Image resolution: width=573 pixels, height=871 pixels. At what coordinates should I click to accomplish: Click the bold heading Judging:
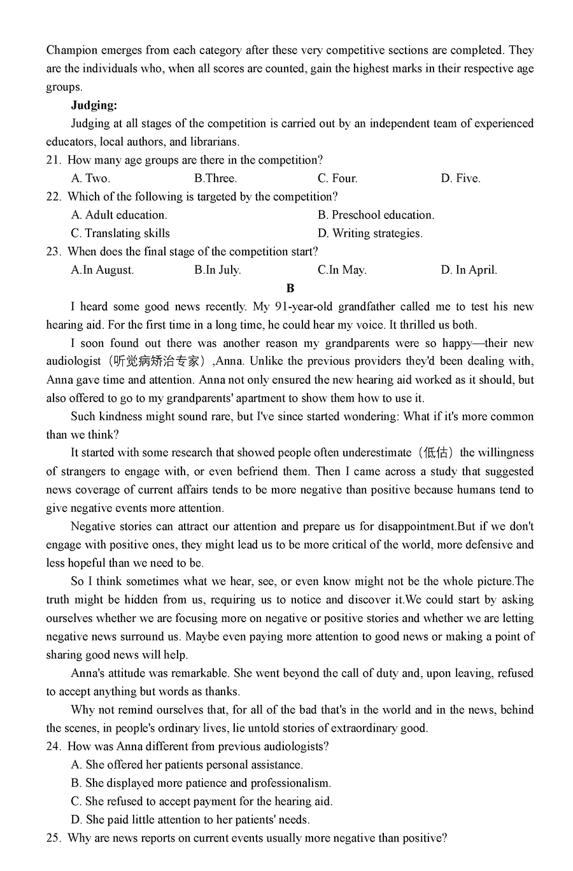(94, 105)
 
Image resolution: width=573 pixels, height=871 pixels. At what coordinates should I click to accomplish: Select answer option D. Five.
(460, 178)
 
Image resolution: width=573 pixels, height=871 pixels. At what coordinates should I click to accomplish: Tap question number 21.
(53, 160)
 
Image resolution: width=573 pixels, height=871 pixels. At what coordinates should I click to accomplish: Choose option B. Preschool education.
(376, 215)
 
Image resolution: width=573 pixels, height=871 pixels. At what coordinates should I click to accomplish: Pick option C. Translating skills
(120, 233)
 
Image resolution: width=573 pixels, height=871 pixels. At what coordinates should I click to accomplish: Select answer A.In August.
(102, 269)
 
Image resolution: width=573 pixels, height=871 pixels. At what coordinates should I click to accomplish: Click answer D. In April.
(469, 269)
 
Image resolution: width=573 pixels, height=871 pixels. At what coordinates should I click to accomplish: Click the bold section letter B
(290, 288)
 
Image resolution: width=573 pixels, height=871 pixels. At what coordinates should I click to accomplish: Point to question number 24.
(53, 746)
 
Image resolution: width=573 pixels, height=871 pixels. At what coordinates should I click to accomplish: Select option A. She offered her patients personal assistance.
(187, 765)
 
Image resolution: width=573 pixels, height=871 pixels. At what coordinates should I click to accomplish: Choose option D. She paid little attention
(190, 819)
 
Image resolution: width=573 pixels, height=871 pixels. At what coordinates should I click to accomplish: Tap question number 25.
(53, 838)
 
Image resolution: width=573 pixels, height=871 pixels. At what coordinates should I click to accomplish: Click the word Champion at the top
(72, 50)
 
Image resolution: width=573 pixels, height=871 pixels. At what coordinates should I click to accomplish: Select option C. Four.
(337, 178)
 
